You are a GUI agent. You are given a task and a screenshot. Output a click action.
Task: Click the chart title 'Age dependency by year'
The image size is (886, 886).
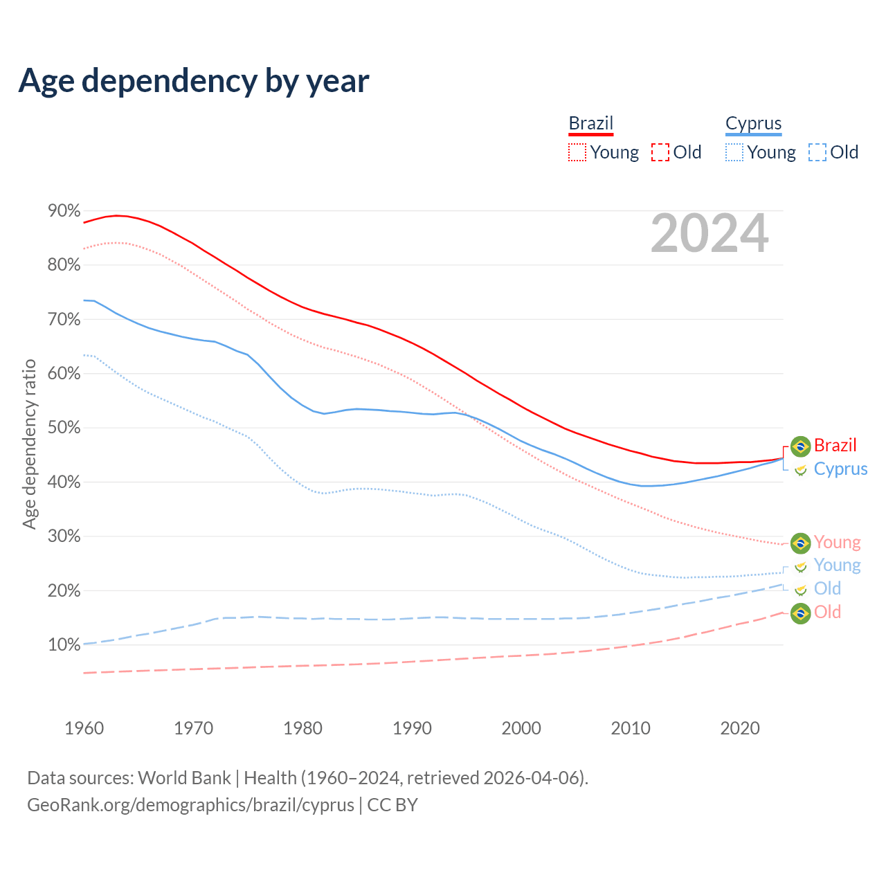(x=194, y=81)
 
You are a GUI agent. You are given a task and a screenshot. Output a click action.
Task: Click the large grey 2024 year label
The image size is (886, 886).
(x=709, y=233)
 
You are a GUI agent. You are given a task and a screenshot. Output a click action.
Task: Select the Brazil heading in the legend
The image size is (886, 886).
(x=591, y=123)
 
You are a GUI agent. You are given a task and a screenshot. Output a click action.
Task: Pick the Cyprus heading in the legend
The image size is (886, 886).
(x=753, y=123)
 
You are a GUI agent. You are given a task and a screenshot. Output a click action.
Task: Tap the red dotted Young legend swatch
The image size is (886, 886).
(x=577, y=152)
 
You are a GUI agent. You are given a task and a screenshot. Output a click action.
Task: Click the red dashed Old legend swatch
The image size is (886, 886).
(x=660, y=152)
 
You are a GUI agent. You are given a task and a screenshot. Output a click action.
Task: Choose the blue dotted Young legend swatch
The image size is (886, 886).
(x=734, y=152)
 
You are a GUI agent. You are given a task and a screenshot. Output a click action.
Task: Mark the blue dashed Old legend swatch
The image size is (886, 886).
(x=817, y=152)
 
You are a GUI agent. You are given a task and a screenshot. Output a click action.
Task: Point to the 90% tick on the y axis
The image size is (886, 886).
(x=64, y=210)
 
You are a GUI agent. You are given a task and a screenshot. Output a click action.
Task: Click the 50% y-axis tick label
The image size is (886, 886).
(x=64, y=428)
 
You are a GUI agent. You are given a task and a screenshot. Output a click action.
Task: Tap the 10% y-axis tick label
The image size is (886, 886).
(x=64, y=645)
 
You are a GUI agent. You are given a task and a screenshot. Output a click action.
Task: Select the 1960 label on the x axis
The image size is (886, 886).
(x=84, y=728)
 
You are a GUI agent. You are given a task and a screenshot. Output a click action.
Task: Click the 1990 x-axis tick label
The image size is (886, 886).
(x=412, y=728)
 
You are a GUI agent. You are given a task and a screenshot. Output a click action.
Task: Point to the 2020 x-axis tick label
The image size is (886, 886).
(x=740, y=728)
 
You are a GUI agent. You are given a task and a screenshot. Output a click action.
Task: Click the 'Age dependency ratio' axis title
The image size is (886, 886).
(x=29, y=444)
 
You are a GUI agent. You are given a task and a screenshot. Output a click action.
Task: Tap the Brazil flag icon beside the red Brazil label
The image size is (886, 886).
(x=800, y=446)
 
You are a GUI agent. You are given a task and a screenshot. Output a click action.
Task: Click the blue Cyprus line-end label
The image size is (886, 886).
(x=840, y=469)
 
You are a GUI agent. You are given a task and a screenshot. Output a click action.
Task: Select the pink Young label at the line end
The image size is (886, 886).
(x=837, y=542)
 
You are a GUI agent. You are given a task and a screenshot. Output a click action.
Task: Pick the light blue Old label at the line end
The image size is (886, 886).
(x=827, y=588)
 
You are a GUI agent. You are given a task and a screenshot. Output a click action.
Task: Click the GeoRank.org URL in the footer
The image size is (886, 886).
(x=190, y=805)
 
